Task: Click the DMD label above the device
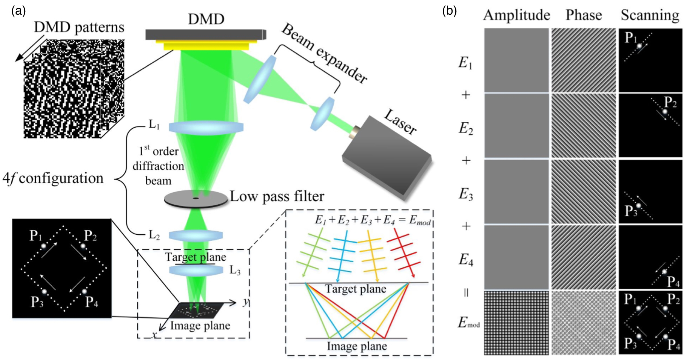point(206,19)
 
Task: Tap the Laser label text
point(400,122)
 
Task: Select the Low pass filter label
point(277,196)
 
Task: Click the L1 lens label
point(154,124)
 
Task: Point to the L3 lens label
point(235,270)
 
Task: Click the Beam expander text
point(324,53)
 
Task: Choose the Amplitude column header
point(516,15)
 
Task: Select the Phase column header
point(584,15)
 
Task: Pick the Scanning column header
point(650,15)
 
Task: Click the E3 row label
point(466,194)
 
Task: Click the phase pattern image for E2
point(584,126)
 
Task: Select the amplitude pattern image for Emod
point(516,323)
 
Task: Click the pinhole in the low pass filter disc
point(196,198)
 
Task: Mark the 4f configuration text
point(53,178)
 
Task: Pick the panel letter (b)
point(449,11)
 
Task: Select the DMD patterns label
point(79,27)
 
